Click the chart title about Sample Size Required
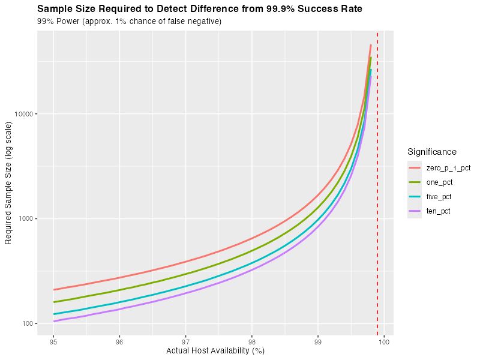[x=200, y=10]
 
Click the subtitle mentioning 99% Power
[x=130, y=22]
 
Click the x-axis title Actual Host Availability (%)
[x=215, y=351]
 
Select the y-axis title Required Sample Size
[x=8, y=183]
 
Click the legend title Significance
[x=431, y=152]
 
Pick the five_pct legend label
[x=439, y=197]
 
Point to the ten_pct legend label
[x=439, y=211]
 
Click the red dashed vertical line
[x=377, y=180]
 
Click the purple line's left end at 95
[x=54, y=321]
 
